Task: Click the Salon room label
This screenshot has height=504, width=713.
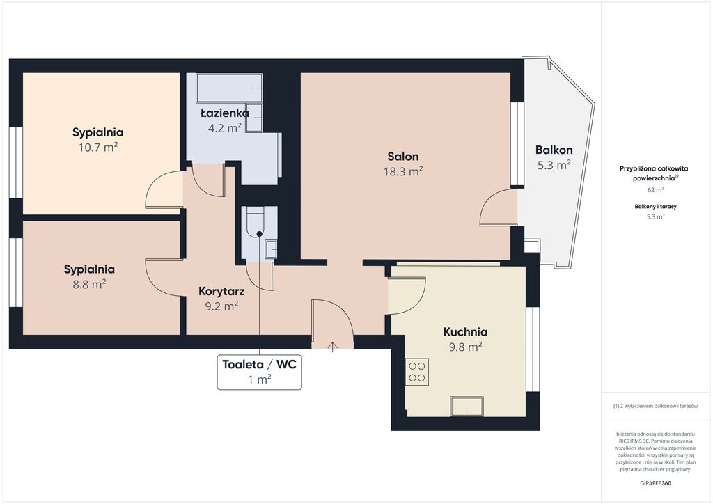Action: coord(403,157)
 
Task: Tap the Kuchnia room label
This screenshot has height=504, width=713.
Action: coord(465,332)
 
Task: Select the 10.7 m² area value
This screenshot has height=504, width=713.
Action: coord(98,148)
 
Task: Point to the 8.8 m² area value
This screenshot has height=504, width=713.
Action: coord(90,284)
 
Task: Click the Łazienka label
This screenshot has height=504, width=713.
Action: coord(225,113)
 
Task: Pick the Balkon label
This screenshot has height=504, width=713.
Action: coord(554,150)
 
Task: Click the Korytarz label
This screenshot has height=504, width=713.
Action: coord(221,291)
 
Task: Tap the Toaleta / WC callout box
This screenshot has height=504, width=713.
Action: coord(259,372)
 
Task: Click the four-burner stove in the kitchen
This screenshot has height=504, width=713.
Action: coord(417,372)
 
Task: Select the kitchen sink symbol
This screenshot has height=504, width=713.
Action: coord(467,406)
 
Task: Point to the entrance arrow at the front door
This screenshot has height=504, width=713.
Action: coord(332,347)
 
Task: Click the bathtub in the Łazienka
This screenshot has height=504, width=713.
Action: coord(229,88)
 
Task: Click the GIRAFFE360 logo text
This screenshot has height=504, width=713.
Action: coord(655,483)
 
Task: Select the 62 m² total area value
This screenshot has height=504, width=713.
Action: coord(655,189)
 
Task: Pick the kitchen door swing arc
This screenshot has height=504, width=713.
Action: coord(406,296)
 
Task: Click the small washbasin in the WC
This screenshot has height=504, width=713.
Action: coord(271,249)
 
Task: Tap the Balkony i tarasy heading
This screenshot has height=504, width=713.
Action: coord(655,206)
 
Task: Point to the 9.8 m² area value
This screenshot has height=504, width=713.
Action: coord(466,347)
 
